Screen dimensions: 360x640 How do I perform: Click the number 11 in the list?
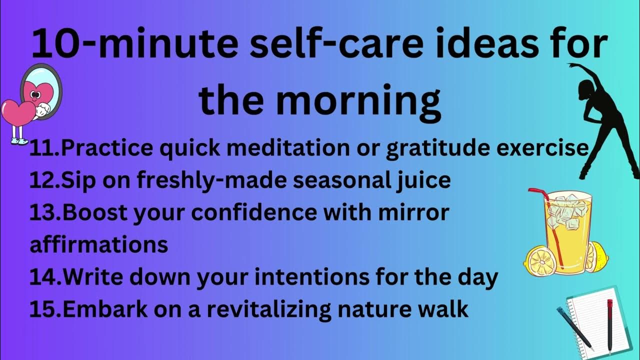[x=44, y=148]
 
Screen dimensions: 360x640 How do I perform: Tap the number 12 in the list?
[x=44, y=180]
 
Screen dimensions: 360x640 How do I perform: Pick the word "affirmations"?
[x=99, y=244]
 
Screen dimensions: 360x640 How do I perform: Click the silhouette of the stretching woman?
[x=602, y=120]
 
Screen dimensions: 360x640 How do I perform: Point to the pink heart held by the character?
[x=17, y=113]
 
